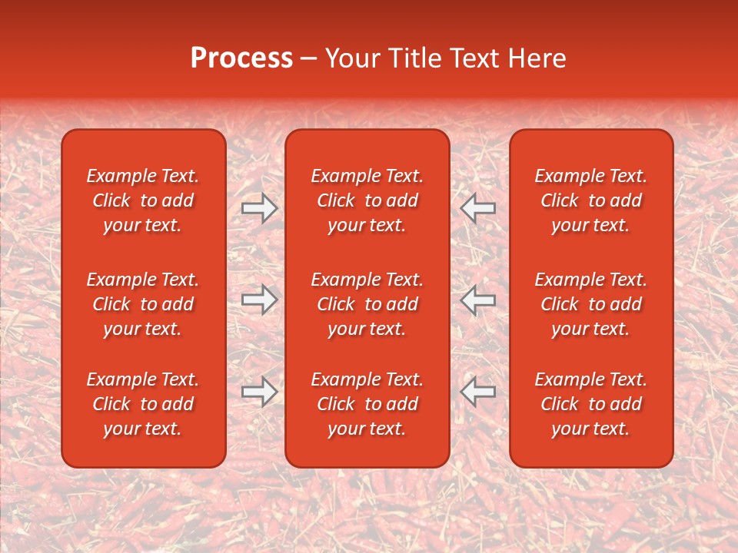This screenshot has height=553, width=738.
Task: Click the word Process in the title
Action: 241,58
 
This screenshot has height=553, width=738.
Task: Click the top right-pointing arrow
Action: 260,208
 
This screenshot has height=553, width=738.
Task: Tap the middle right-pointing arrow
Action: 260,300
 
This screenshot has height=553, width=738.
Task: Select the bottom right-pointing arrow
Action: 260,392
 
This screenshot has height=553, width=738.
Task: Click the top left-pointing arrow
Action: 478,208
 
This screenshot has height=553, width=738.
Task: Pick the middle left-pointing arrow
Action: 478,300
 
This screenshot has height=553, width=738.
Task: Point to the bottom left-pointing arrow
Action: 478,392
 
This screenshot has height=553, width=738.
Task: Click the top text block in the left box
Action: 143,200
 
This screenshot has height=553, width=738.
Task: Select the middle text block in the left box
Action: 143,304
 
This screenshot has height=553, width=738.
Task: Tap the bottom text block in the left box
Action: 143,404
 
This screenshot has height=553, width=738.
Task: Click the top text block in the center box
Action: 367,200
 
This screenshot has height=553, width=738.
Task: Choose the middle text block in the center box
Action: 367,304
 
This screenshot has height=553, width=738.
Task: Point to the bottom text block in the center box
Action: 367,404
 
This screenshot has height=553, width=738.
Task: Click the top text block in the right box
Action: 591,200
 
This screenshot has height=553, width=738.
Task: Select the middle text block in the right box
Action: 591,304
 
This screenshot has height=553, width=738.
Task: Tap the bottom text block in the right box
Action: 591,404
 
